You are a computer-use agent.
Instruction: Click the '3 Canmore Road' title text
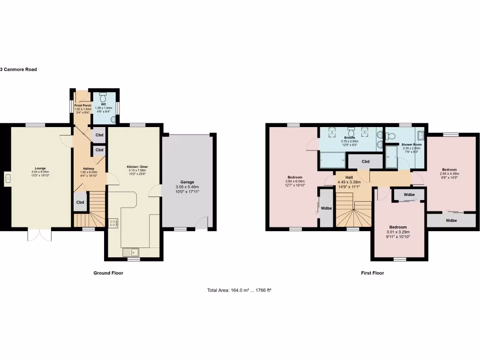coord(18,69)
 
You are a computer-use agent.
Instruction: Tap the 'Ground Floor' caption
coord(108,273)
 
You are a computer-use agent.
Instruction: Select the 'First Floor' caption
coord(372,273)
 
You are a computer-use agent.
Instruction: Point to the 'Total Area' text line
coord(240,290)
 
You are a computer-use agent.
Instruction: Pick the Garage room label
coord(187,182)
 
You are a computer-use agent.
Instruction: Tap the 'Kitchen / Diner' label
coord(137,167)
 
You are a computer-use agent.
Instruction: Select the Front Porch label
coord(82,105)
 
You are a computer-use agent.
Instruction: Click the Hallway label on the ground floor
coord(89,168)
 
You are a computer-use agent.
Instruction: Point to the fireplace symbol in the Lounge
coord(8,178)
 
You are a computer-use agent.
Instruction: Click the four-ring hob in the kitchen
coord(113,223)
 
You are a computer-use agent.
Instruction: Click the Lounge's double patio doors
coord(37,235)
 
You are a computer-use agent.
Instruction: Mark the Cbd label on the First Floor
coord(366,162)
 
